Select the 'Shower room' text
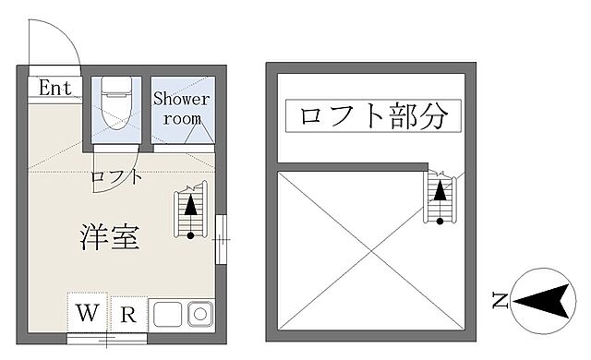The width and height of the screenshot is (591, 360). tap(181, 108)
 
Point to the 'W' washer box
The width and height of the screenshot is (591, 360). tap(88, 313)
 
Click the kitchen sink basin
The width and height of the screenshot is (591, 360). tap(167, 315)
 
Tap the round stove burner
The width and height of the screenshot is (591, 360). tap(199, 315)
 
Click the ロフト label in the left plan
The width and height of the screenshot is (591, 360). tap(116, 176)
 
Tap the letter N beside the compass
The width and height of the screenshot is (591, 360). tap(500, 300)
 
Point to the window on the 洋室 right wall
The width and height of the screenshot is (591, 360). tap(221, 240)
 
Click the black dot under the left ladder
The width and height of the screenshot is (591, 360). tap(191, 235)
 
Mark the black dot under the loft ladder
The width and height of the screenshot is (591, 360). tap(441, 220)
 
